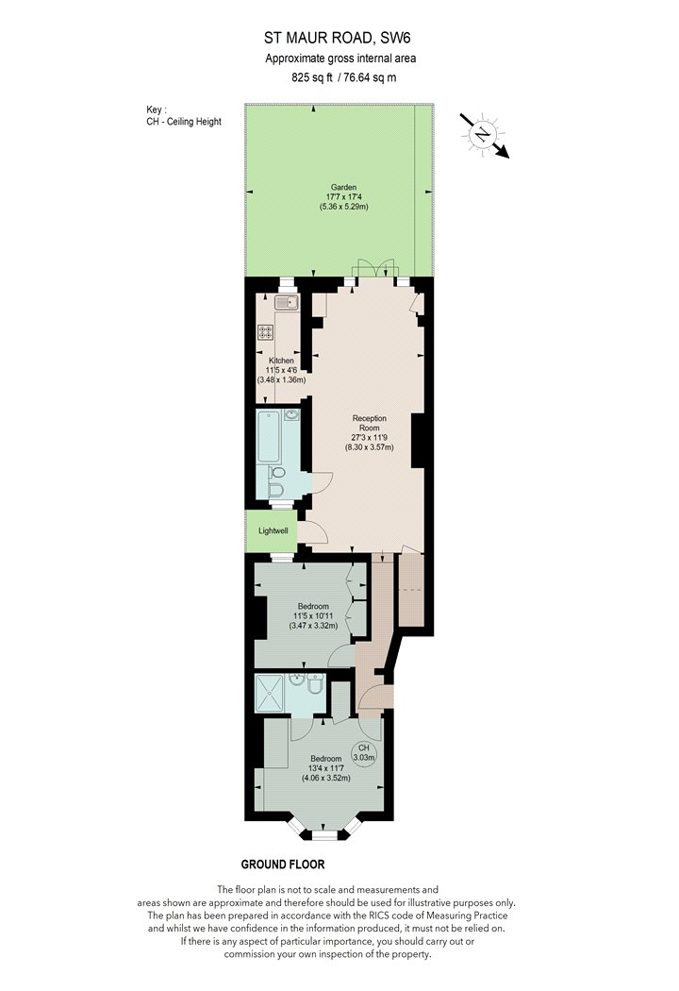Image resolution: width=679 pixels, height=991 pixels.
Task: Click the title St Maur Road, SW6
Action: [337, 38]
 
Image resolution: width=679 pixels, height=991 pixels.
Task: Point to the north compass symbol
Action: [483, 134]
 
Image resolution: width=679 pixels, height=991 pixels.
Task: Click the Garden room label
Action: [343, 187]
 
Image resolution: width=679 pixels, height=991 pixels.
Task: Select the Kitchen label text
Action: [281, 361]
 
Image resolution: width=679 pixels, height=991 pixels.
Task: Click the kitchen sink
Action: [286, 302]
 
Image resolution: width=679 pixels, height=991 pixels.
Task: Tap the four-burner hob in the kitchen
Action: [266, 332]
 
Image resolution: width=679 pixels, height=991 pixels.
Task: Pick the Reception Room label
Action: [370, 423]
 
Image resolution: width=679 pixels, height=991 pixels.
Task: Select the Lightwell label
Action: [273, 530]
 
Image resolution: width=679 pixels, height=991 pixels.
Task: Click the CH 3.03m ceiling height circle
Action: [364, 752]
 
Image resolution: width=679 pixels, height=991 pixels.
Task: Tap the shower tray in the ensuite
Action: [270, 694]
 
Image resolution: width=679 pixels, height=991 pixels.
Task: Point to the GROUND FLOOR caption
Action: [283, 864]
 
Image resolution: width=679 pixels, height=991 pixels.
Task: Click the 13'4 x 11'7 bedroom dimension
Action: [325, 768]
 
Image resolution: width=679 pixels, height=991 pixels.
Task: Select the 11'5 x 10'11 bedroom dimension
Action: [313, 615]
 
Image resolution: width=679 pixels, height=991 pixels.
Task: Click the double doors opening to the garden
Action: [374, 268]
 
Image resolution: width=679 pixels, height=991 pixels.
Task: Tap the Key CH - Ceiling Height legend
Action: [184, 116]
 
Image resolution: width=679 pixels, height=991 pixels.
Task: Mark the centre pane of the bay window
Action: [325, 836]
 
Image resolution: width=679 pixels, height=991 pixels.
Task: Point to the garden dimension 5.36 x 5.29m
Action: [343, 207]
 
